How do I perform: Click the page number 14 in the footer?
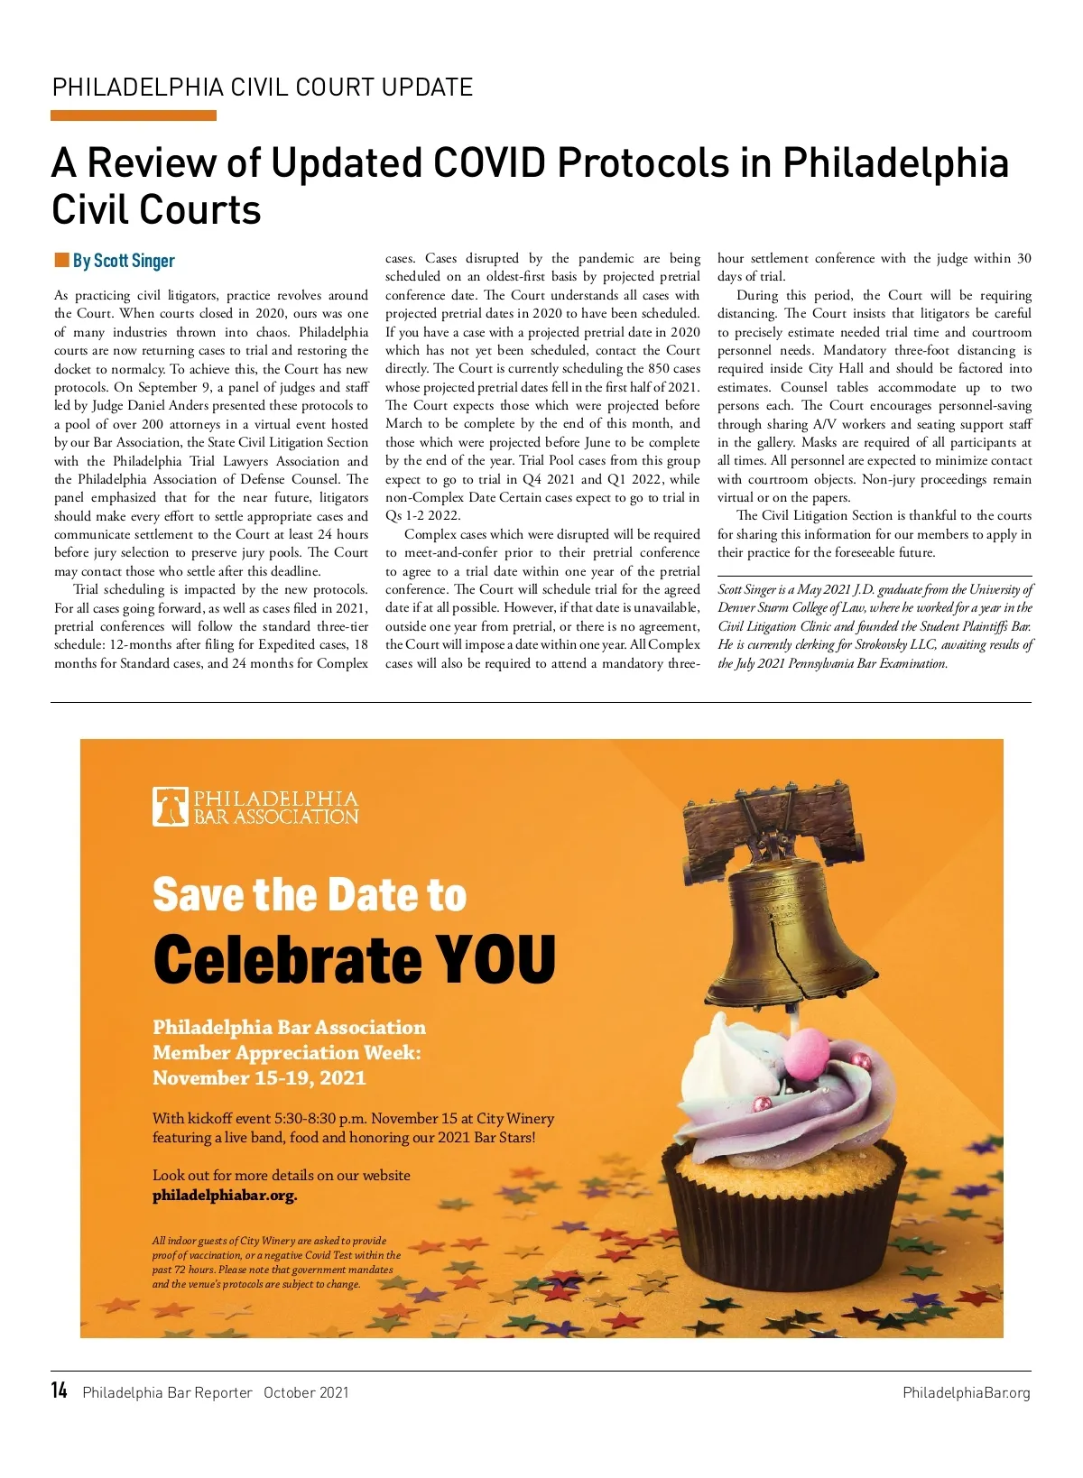coord(60,1390)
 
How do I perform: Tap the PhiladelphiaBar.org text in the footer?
coord(966,1392)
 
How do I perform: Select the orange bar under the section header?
coord(134,115)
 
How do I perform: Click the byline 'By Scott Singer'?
coord(124,261)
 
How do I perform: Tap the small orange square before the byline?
coord(61,261)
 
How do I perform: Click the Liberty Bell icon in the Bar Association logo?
coord(169,807)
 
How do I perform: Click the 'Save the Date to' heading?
coord(310,894)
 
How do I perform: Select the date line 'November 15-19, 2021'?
coord(259,1077)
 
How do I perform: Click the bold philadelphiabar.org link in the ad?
coord(225,1196)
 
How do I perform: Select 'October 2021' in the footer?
coord(306,1392)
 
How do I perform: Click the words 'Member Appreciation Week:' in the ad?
coord(286,1052)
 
